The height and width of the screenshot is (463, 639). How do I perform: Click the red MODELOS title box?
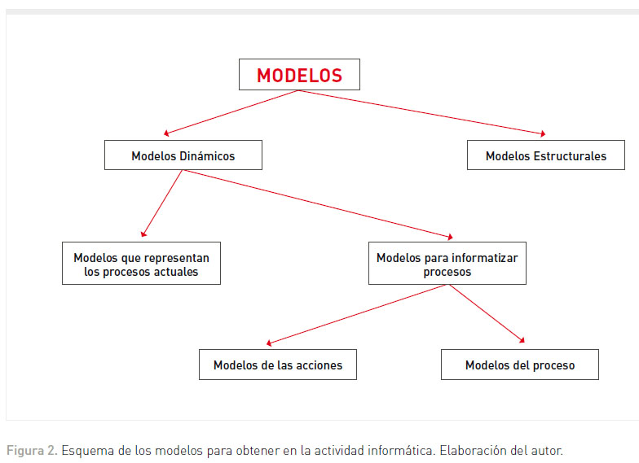click(299, 75)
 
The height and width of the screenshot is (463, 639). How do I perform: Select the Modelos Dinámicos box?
click(183, 155)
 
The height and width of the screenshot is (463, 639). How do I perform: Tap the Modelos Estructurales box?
click(546, 155)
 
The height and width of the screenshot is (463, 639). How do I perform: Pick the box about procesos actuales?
click(141, 264)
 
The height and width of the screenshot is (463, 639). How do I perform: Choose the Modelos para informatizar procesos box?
click(447, 264)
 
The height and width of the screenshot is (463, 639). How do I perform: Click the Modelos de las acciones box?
click(277, 365)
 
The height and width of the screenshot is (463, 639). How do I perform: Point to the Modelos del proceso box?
click(520, 365)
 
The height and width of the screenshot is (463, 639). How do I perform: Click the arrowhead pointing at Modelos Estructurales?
click(543, 133)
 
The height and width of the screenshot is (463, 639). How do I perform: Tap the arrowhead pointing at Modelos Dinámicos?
click(166, 133)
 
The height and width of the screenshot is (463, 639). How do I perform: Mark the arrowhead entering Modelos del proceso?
click(522, 340)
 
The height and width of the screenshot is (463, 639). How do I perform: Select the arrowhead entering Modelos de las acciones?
click(269, 343)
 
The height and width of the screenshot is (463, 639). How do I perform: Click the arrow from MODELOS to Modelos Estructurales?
click(422, 112)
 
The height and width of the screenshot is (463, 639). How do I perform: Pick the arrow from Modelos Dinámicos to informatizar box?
click(318, 203)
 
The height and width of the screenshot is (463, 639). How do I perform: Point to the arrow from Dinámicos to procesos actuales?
click(163, 203)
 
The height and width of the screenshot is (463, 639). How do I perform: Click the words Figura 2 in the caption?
click(31, 451)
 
